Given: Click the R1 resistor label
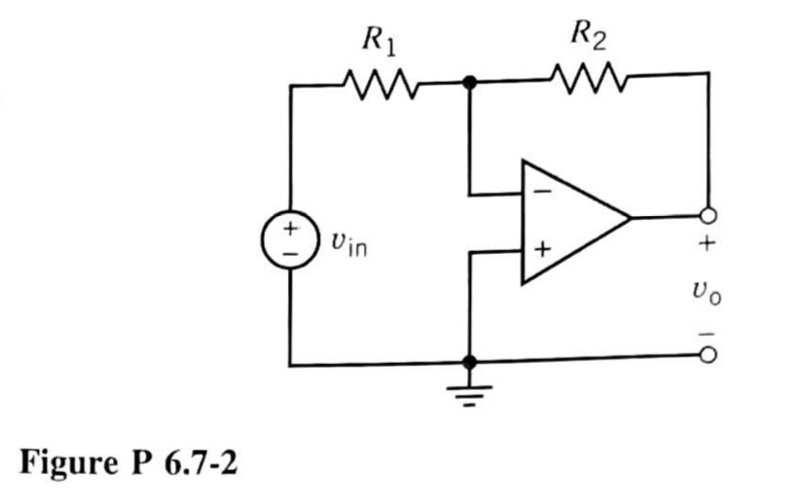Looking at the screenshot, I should pos(378,43).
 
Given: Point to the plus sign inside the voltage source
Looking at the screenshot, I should pos(290,230).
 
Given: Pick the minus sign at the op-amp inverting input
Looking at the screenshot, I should pos(545,193).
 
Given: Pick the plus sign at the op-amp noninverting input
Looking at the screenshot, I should pos(544,252).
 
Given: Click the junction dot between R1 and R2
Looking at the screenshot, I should pos(470,85).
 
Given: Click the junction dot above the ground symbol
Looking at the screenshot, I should pos(470,363).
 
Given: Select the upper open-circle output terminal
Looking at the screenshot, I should pos(710,216).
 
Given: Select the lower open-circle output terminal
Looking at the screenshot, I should pos(710,359).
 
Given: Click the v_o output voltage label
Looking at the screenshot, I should pos(710,291).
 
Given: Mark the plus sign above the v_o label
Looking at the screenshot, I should pos(709,246).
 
